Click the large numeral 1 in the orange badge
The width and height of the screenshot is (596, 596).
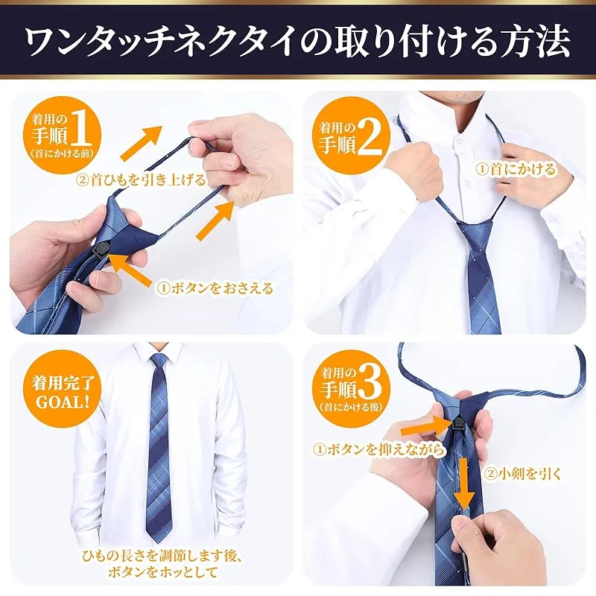(80, 128)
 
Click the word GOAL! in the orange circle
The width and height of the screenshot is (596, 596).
(63, 402)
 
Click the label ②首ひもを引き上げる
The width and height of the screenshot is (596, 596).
(141, 180)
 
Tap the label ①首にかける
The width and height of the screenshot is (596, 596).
(516, 169)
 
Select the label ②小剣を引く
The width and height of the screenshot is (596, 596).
(524, 474)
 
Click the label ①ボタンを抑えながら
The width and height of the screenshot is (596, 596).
(378, 450)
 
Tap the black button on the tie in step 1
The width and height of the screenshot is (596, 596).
(101, 250)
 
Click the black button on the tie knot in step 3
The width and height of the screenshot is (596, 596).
(457, 424)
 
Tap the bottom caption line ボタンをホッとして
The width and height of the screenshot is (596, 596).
(162, 572)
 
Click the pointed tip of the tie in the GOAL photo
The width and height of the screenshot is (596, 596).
(157, 542)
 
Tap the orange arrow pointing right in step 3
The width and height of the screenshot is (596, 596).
(426, 426)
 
